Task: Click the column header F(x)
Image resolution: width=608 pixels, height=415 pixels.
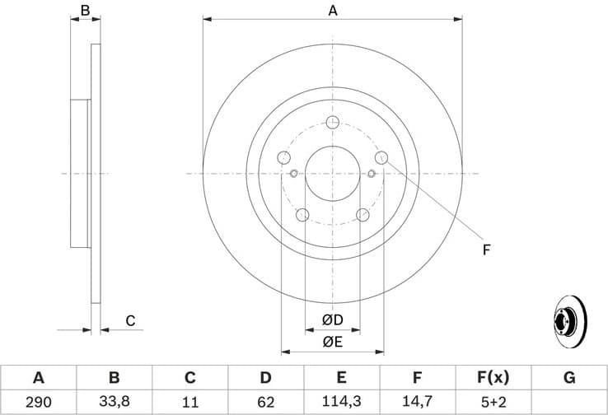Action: coord(493,378)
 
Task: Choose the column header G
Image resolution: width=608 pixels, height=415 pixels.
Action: coord(569,378)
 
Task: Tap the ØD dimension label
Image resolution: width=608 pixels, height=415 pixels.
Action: coord(332,319)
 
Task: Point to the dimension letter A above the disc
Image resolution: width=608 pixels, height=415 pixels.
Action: coord(333,11)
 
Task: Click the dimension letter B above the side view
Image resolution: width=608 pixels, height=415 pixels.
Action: coord(84,11)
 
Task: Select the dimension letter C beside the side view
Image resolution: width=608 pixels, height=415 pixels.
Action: coord(129,321)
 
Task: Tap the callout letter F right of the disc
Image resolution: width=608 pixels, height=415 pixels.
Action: coord(486,249)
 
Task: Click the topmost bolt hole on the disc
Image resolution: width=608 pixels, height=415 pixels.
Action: coord(333,123)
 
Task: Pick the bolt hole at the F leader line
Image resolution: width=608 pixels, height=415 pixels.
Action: coord(381,157)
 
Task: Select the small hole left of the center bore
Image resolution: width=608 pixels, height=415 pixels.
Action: coord(294,173)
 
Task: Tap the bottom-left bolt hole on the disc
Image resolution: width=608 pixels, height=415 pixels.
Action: coord(302,215)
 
